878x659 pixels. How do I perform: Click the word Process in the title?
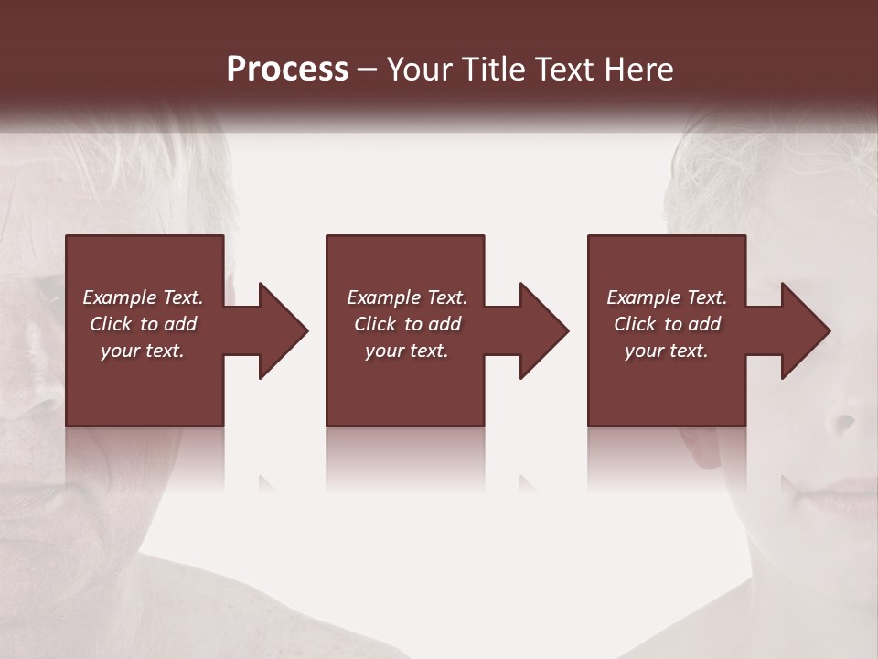pyautogui.click(x=287, y=70)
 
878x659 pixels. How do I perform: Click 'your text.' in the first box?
pyautogui.click(x=143, y=351)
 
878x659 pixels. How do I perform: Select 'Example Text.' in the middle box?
pyautogui.click(x=407, y=297)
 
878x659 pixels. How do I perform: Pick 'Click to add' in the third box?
pyautogui.click(x=668, y=324)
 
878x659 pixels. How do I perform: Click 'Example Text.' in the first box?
pyautogui.click(x=143, y=297)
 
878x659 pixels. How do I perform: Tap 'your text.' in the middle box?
pyautogui.click(x=407, y=351)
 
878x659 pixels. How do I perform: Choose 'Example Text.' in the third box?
pyautogui.click(x=668, y=297)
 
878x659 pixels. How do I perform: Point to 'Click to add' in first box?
pyautogui.click(x=143, y=324)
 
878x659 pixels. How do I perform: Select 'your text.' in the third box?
pyautogui.click(x=668, y=351)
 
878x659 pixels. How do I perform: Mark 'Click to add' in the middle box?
pyautogui.click(x=407, y=324)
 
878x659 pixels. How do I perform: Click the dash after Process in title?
pyautogui.click(x=368, y=70)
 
